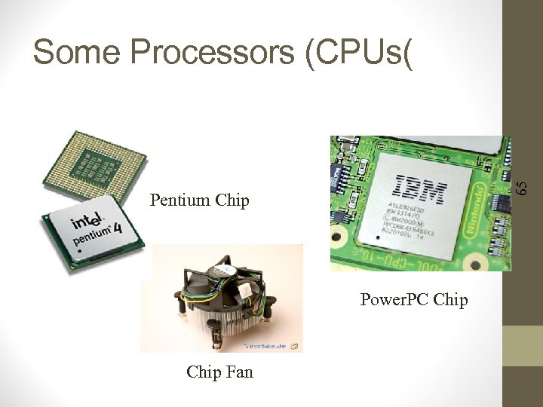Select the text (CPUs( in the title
[x=360, y=52]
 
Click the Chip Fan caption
[x=219, y=371]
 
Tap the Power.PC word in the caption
[x=394, y=300]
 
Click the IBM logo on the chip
[x=422, y=189]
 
